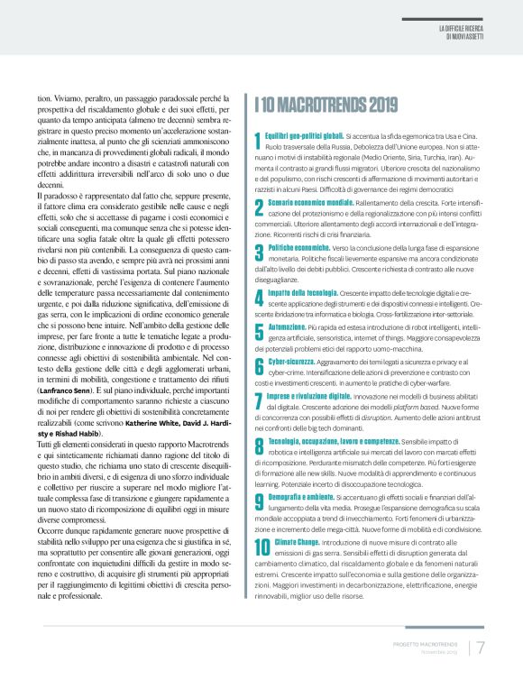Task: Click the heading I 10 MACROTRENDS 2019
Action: pyautogui.click(x=326, y=106)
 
